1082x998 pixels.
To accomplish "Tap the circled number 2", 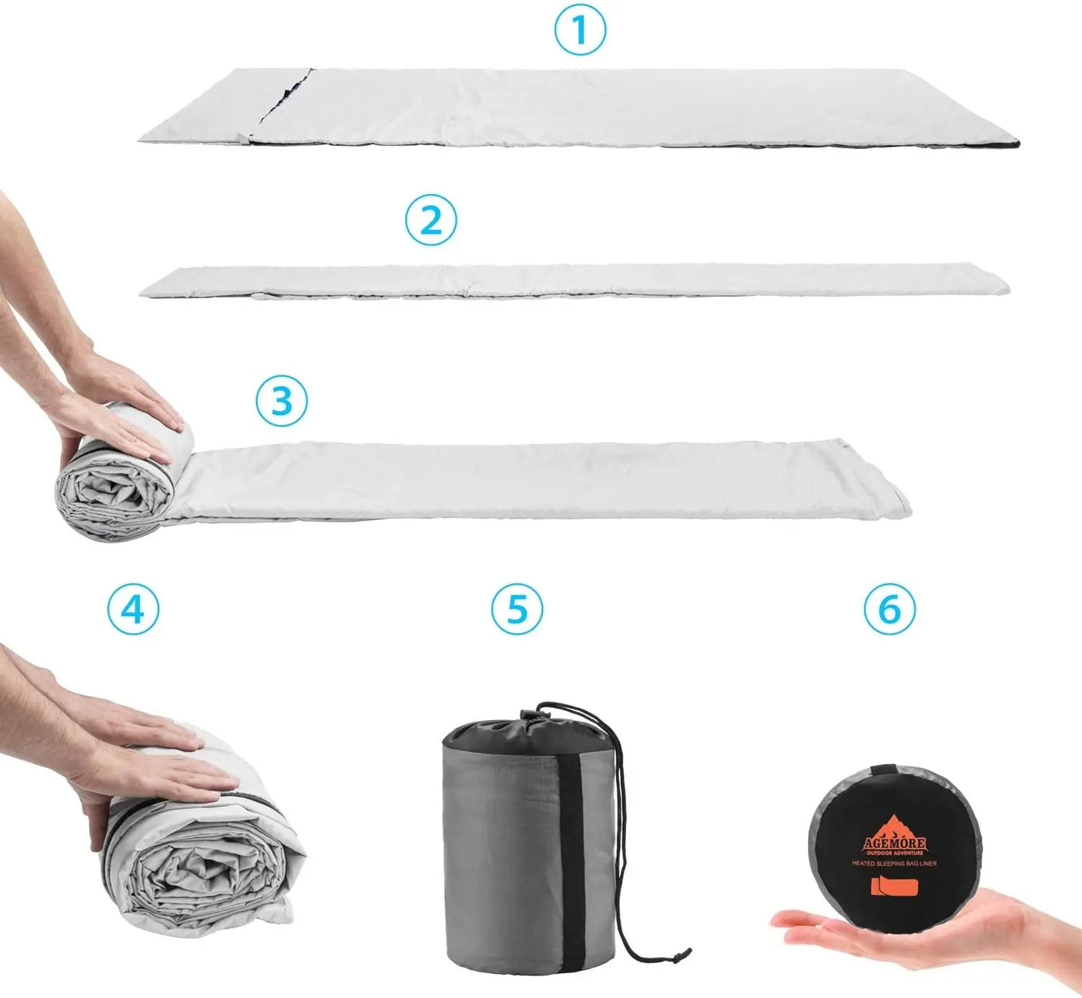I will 430,220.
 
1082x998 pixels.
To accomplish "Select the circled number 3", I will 282,401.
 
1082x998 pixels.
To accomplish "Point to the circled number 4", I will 133,609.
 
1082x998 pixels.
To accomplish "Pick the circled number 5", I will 517,609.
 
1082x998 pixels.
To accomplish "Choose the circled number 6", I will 890,609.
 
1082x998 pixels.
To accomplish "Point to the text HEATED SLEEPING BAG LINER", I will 894,864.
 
